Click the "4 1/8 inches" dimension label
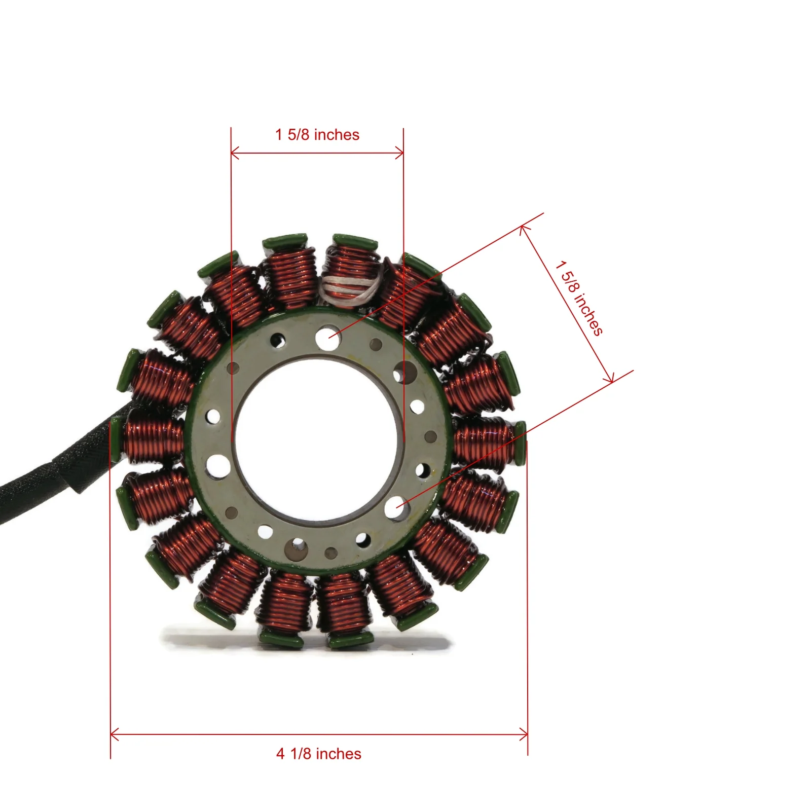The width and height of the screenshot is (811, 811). (x=318, y=754)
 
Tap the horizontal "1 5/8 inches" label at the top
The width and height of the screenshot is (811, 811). (x=317, y=135)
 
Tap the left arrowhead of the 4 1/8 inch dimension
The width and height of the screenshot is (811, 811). (x=114, y=734)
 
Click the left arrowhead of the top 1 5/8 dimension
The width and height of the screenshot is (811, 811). (x=234, y=153)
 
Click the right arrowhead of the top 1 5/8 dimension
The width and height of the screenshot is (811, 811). (x=400, y=153)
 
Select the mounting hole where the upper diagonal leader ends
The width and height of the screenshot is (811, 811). (x=327, y=338)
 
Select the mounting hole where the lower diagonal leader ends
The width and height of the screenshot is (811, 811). (x=396, y=507)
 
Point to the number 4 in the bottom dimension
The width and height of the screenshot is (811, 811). (x=280, y=754)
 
